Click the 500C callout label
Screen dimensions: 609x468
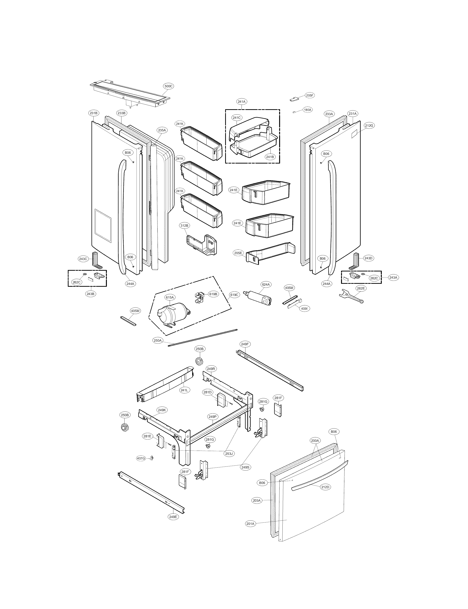click(168, 86)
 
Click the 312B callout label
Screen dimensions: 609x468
click(184, 226)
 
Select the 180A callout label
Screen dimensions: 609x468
click(307, 110)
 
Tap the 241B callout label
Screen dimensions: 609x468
click(270, 157)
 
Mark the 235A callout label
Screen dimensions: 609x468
click(162, 130)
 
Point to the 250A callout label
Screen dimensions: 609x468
click(157, 340)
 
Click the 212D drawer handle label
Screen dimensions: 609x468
click(325, 487)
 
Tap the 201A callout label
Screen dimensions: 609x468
click(250, 524)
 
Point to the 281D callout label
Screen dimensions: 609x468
click(207, 392)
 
